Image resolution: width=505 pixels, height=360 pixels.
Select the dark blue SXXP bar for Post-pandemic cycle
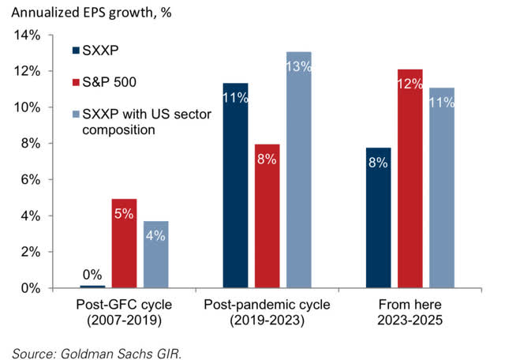tap(236, 186)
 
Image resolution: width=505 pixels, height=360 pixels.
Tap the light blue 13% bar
tap(298, 170)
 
